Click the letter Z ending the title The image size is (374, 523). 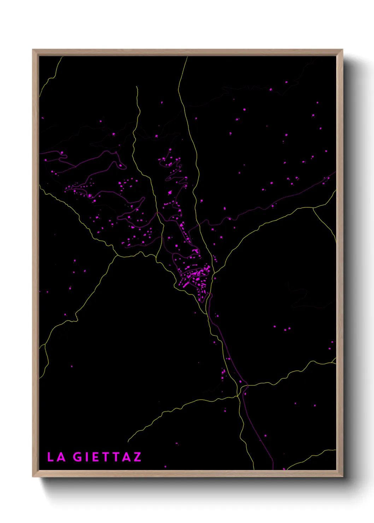(137, 457)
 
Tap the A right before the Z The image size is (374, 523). (127, 457)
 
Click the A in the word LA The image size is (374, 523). (61, 457)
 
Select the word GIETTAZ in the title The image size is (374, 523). (107, 457)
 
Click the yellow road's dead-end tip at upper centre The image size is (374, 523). (136, 87)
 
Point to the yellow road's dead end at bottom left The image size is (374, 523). (128, 442)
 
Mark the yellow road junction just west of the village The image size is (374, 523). (156, 255)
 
